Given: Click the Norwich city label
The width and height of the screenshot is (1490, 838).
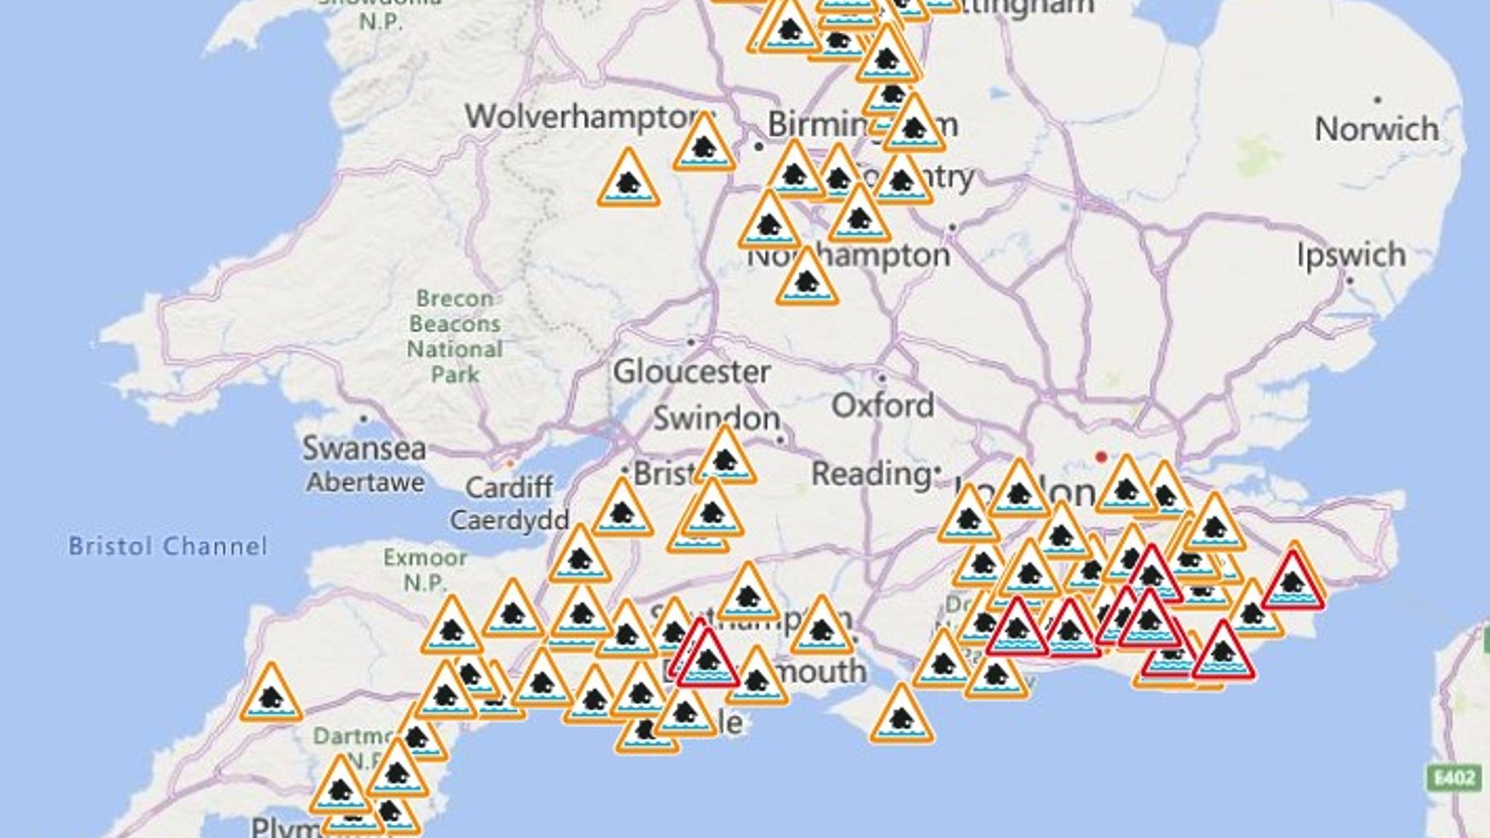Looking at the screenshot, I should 1377,129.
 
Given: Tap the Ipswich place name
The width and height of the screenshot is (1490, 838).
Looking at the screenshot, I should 1352,255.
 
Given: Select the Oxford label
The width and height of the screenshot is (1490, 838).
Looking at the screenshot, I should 883,405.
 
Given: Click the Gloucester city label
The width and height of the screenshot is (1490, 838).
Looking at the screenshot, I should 691,372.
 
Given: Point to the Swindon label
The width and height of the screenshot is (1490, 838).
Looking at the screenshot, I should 717,418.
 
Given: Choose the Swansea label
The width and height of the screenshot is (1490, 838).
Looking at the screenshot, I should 364,448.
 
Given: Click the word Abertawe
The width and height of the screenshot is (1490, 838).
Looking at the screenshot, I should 365,482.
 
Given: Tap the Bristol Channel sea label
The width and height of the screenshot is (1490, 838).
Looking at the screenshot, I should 168,546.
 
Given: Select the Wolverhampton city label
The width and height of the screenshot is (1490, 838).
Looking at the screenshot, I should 586,116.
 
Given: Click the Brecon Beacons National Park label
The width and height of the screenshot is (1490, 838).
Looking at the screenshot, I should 455,336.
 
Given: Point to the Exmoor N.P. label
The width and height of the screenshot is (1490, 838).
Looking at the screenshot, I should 425,570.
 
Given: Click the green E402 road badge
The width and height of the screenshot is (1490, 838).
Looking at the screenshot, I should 1454,778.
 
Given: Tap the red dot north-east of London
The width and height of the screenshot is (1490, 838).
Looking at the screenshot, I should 1101,457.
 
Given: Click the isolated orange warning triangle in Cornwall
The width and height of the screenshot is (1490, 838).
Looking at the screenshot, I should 271,695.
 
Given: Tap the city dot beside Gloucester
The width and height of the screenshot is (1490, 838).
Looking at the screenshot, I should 690,342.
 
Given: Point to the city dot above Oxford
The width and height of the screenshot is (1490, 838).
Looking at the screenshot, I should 882,378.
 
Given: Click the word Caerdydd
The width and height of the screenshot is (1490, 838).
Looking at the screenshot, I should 509,520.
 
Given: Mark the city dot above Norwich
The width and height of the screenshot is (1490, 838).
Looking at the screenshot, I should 1377,100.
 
